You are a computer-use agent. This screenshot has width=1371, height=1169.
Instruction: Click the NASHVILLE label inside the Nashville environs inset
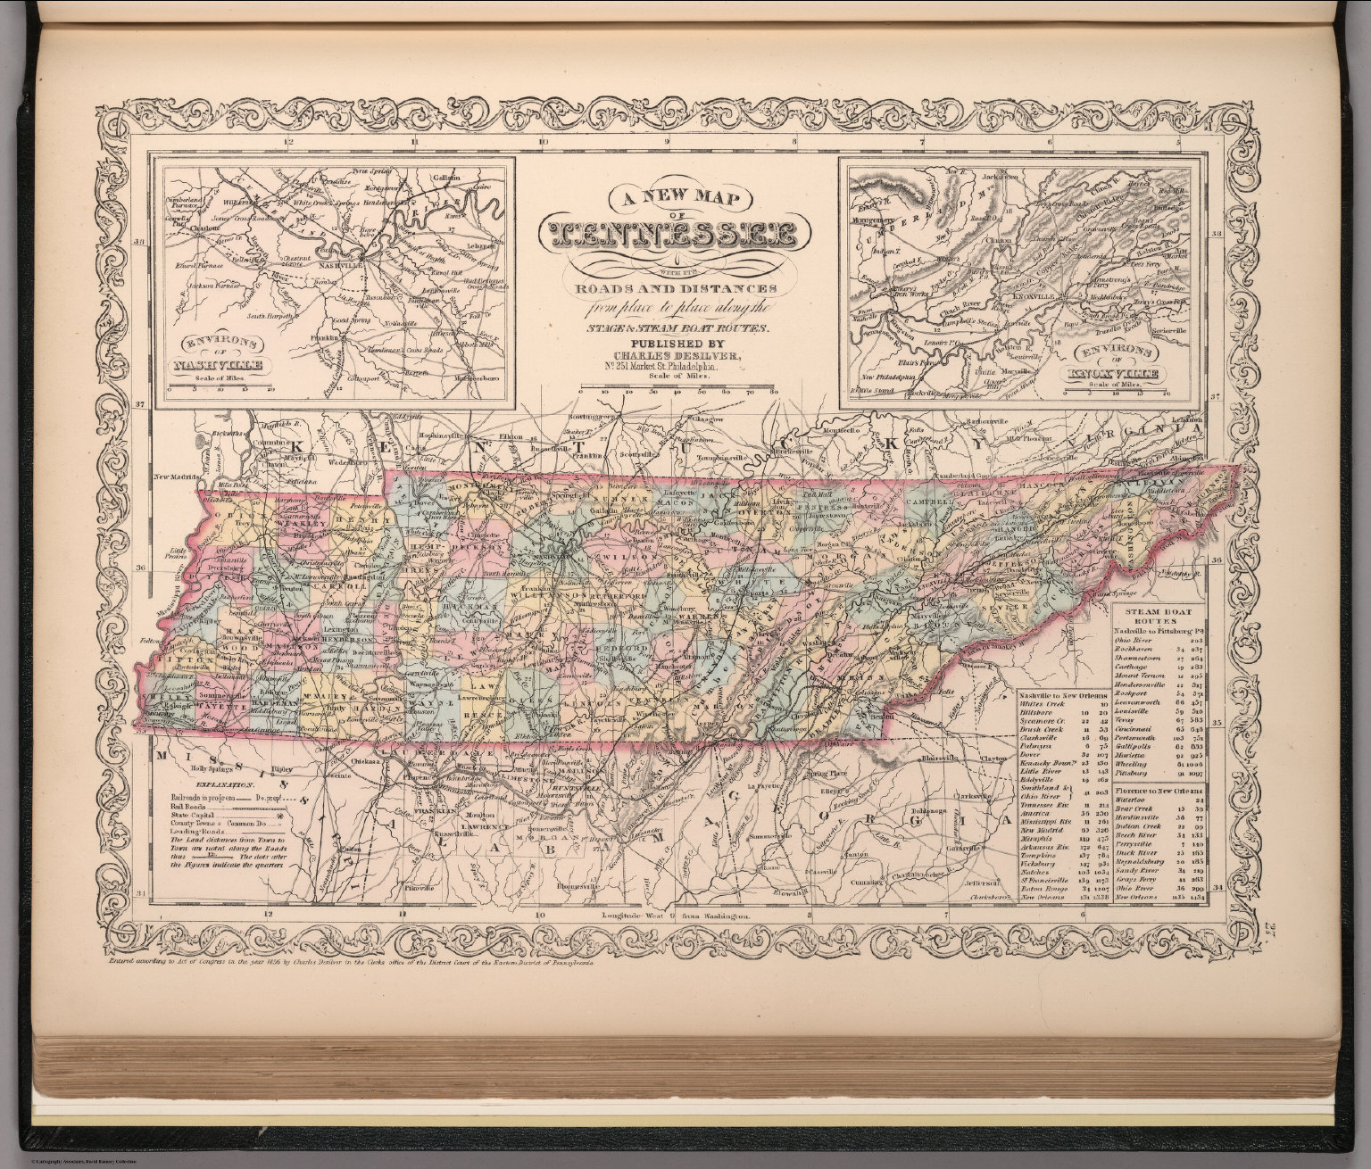pos(339,266)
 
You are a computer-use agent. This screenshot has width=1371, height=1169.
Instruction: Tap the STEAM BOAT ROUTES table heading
pos(1160,616)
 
